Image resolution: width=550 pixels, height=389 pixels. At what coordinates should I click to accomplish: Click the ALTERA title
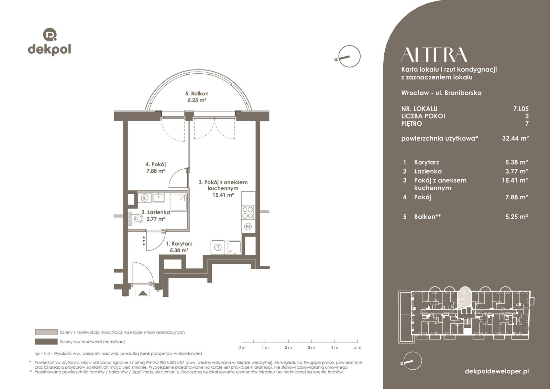point(434,55)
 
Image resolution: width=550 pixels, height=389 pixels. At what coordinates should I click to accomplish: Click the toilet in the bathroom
point(137,219)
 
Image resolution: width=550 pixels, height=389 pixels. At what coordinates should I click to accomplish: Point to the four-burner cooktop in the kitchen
point(248,213)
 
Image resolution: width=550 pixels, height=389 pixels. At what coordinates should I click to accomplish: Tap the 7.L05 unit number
point(521,109)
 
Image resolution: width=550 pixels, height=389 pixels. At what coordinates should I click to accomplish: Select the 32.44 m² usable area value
point(515,138)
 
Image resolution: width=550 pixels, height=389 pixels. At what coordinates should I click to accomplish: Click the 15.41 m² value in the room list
point(515,180)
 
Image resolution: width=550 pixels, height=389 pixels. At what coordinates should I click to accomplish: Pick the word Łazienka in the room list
point(428,171)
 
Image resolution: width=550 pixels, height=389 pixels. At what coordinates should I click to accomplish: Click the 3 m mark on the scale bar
point(311,341)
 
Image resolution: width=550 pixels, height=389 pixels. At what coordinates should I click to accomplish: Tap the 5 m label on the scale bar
point(357,347)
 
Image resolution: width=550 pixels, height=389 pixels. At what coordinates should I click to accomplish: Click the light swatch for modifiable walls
point(46,332)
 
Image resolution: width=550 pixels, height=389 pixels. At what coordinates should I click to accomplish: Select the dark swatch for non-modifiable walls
point(46,342)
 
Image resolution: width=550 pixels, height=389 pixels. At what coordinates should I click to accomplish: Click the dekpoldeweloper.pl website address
point(497,371)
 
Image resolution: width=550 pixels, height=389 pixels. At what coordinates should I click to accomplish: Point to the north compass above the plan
point(349,56)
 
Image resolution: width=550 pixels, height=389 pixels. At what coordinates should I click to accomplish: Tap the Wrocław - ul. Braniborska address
point(441,93)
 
